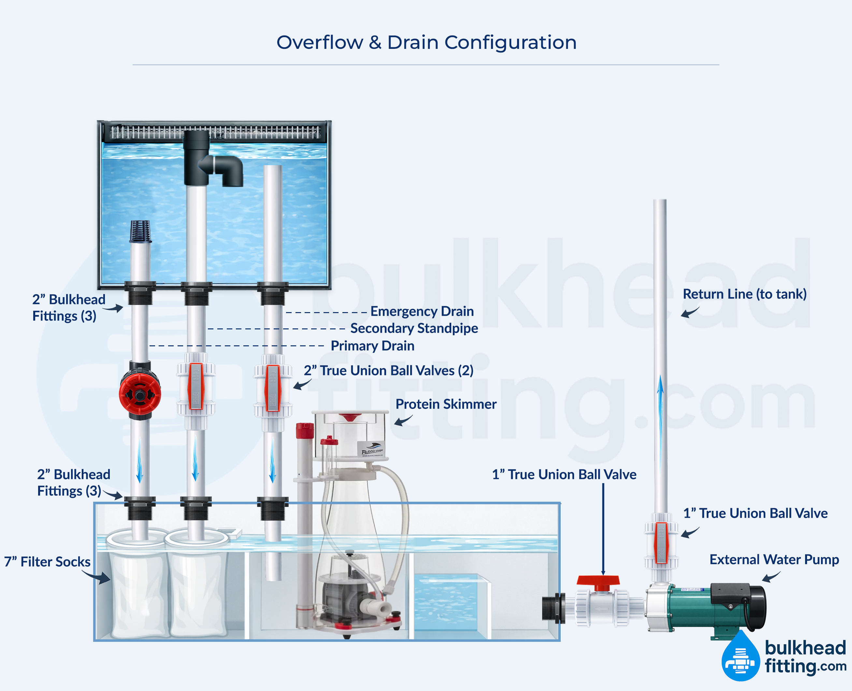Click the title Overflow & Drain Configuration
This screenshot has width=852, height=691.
[x=426, y=43]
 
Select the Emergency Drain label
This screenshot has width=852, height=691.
[x=422, y=311]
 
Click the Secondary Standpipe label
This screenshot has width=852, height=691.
[x=414, y=328]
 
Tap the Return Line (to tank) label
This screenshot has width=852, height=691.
[x=744, y=294]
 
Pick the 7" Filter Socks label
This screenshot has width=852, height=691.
[x=47, y=562]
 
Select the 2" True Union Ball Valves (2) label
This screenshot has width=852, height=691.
[x=388, y=370]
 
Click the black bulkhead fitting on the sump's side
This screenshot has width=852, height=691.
[x=554, y=608]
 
